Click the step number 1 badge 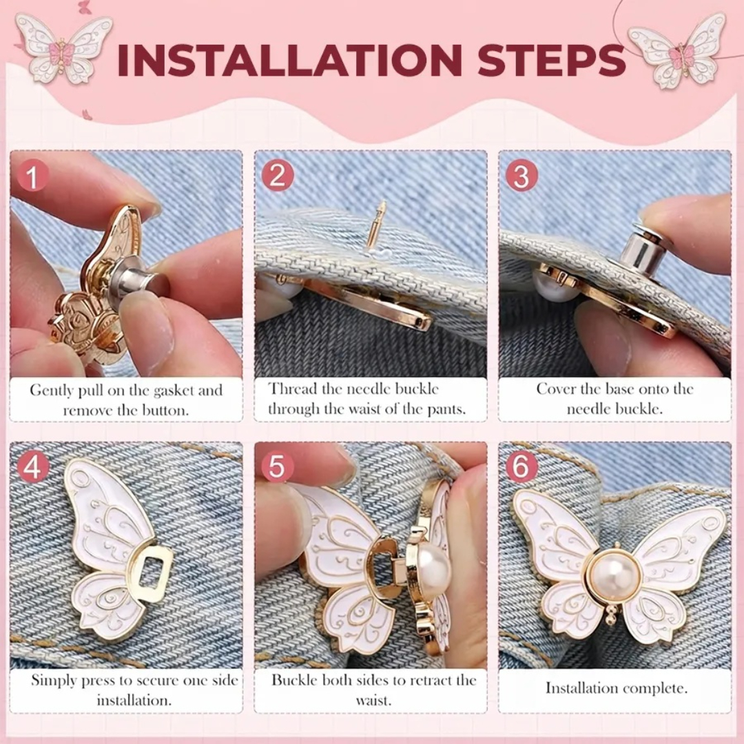pos(32,176)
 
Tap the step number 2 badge pos(278,175)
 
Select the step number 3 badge pos(521,175)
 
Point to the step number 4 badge pos(33,467)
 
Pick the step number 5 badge pos(277,467)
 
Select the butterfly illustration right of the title pos(679,51)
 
